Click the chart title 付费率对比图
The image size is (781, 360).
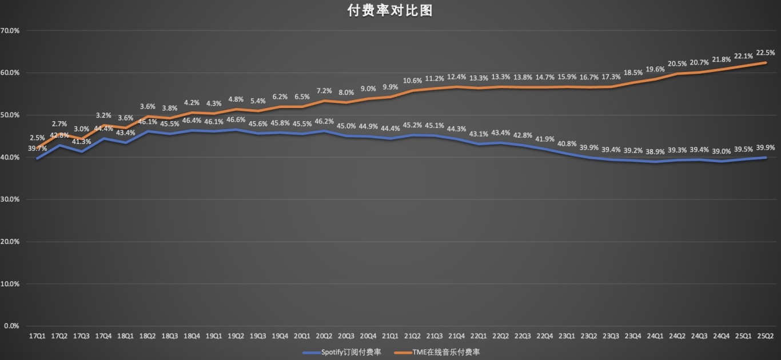(x=390, y=10)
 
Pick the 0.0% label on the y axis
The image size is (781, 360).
(x=12, y=326)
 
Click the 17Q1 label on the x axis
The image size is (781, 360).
(x=37, y=337)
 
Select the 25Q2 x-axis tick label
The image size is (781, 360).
(x=766, y=337)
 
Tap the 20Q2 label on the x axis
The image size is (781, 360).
(x=324, y=337)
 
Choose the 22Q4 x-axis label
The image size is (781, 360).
(x=545, y=337)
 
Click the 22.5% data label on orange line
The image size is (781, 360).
(x=766, y=53)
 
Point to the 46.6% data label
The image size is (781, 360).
(x=236, y=121)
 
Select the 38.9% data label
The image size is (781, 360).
(x=655, y=152)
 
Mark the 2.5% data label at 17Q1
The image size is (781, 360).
(x=37, y=138)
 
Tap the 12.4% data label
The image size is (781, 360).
(x=456, y=77)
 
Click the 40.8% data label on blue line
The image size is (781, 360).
(x=567, y=144)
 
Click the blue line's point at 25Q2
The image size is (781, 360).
(x=766, y=158)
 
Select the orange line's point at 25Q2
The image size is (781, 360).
(x=766, y=63)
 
